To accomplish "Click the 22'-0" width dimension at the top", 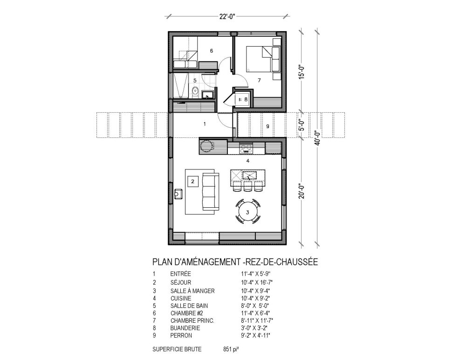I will click(228, 16).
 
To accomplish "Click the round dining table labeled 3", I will click(248, 213).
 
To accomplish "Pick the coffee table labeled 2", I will click(192, 181).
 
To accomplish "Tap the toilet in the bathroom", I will click(195, 91).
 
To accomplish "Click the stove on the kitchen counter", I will click(246, 149).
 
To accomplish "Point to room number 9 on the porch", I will click(267, 126).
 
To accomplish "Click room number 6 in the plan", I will click(211, 50).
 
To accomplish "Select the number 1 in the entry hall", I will click(204, 124).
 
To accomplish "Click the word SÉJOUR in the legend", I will click(180, 282).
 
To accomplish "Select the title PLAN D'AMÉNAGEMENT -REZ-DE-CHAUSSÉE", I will click(235, 262).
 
